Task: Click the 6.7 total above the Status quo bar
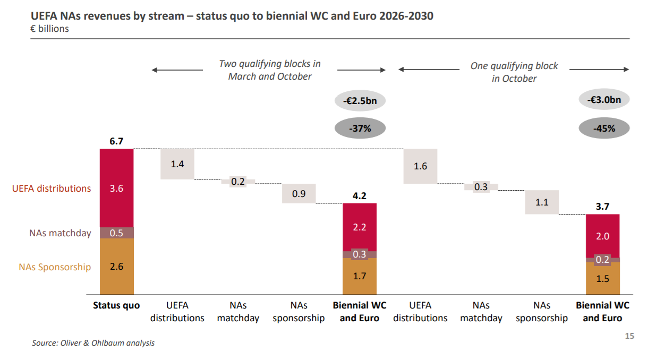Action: tap(116, 142)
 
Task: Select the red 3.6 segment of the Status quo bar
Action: tap(116, 188)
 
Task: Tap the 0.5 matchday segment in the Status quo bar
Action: tap(116, 233)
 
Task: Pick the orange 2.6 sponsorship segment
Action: tap(116, 267)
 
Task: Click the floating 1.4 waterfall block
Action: tap(177, 164)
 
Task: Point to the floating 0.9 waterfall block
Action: tap(299, 194)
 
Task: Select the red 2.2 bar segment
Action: tap(360, 227)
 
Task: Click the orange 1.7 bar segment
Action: tap(360, 276)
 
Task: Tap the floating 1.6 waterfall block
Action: tap(420, 166)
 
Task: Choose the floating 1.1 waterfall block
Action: tap(542, 202)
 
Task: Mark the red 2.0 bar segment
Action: tap(603, 236)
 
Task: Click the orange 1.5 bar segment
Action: tap(603, 278)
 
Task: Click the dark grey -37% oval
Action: tap(360, 128)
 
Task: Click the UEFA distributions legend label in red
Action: tap(52, 188)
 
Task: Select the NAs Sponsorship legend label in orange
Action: tap(55, 267)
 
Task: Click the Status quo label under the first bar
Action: tap(116, 305)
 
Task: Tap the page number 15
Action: tap(629, 336)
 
